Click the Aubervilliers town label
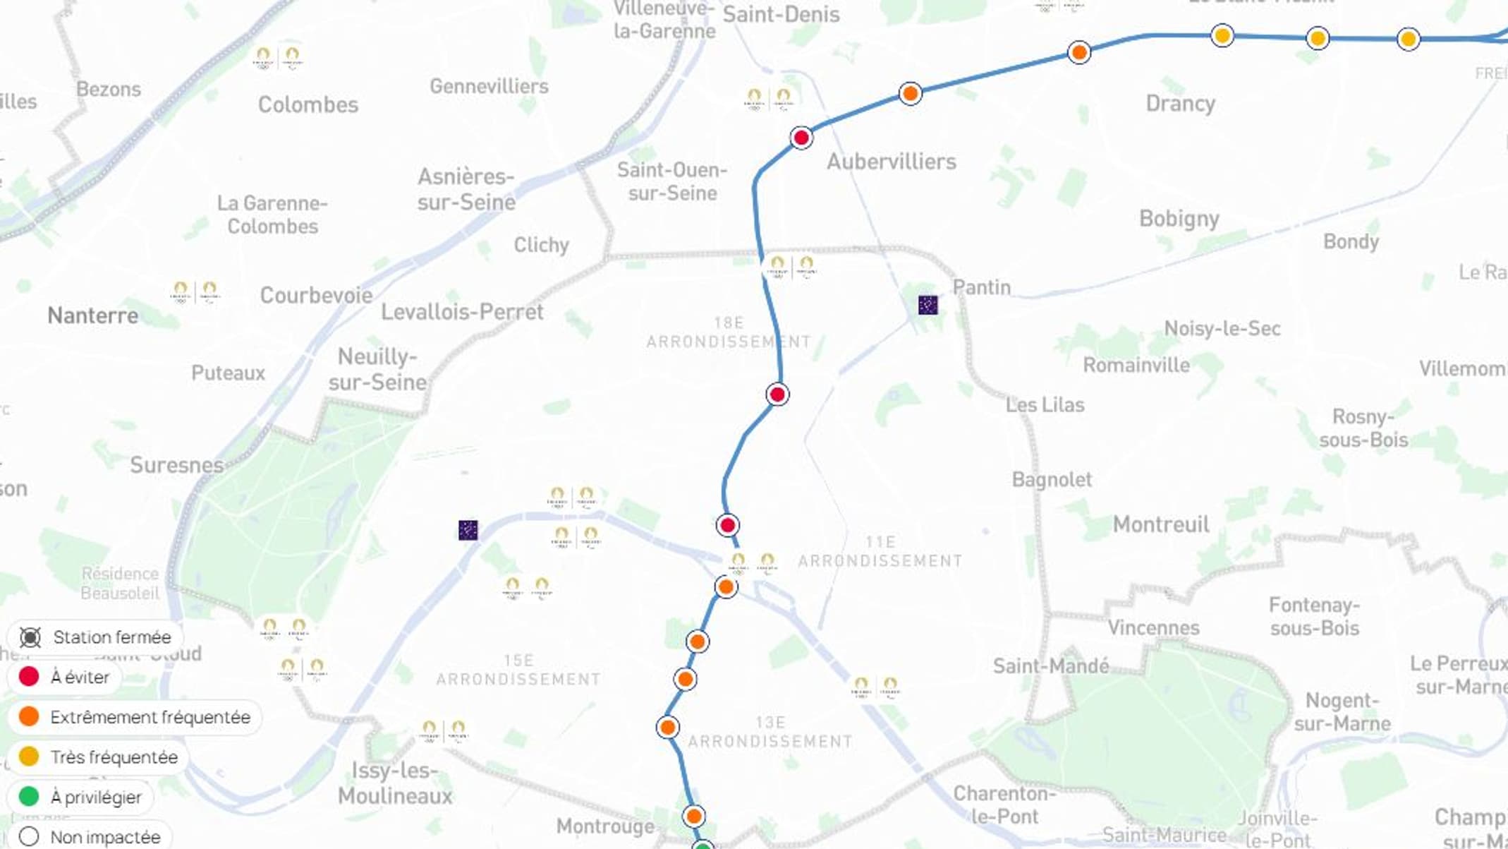(x=891, y=162)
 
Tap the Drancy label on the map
(x=1180, y=104)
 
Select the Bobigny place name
(x=1179, y=219)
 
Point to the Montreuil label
(x=1160, y=524)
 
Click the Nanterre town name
(x=92, y=315)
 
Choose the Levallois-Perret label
(x=462, y=312)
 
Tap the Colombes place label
(x=308, y=104)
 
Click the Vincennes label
(x=1153, y=627)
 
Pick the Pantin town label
(x=981, y=287)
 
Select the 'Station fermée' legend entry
(x=96, y=637)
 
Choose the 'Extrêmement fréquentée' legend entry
(x=135, y=717)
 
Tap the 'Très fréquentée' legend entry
(x=99, y=757)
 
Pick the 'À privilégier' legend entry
(x=80, y=797)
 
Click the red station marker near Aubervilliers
(x=801, y=138)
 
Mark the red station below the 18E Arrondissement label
(x=777, y=395)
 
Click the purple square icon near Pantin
(x=928, y=305)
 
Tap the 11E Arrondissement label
(x=880, y=551)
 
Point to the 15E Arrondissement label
(x=518, y=670)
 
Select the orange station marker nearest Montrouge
(x=693, y=817)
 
